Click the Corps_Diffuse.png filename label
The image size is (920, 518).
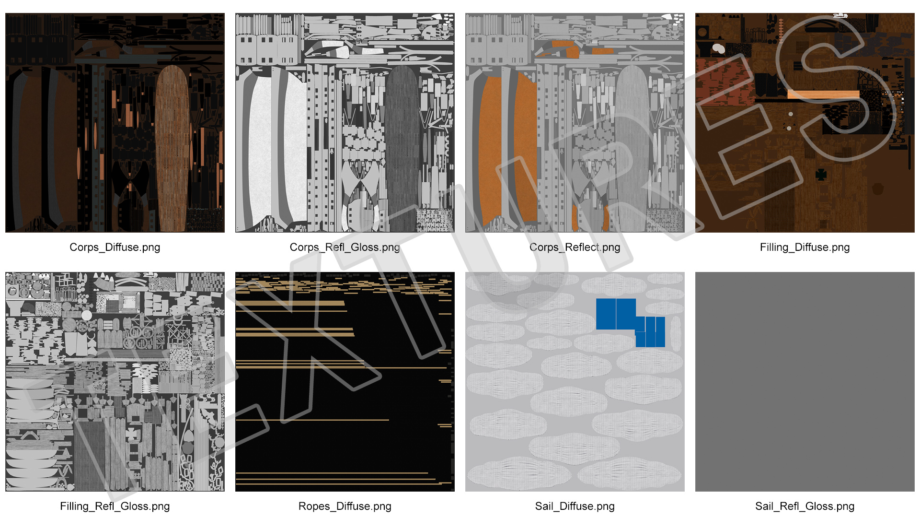tap(115, 247)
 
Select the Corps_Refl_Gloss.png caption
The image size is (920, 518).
tap(345, 247)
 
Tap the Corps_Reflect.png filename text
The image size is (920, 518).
tap(575, 247)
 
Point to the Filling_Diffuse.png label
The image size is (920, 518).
tap(805, 247)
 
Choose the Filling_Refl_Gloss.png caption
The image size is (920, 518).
tap(115, 506)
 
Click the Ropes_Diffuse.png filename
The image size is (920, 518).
tap(345, 506)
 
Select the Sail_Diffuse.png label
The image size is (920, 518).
tap(575, 506)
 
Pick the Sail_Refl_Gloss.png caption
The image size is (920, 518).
tap(805, 506)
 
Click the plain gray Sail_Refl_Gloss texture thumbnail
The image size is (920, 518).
tap(805, 382)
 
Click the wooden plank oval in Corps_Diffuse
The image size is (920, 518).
tap(172, 149)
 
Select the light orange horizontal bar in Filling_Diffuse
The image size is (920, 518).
tap(823, 94)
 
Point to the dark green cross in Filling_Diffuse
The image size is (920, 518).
tap(821, 175)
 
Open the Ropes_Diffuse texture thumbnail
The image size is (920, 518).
tap(345, 382)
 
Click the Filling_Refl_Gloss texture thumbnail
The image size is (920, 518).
tap(115, 382)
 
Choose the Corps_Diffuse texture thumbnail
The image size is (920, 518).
tap(115, 123)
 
